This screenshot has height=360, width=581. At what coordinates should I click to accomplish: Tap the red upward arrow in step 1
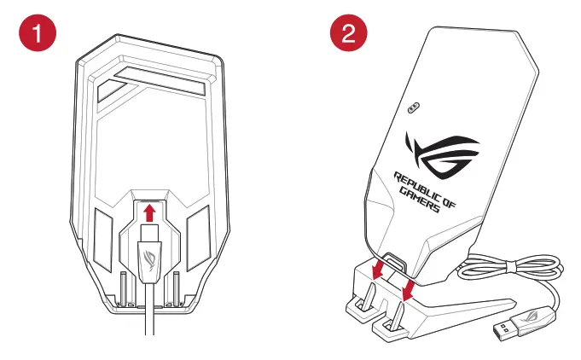tap(149, 212)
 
